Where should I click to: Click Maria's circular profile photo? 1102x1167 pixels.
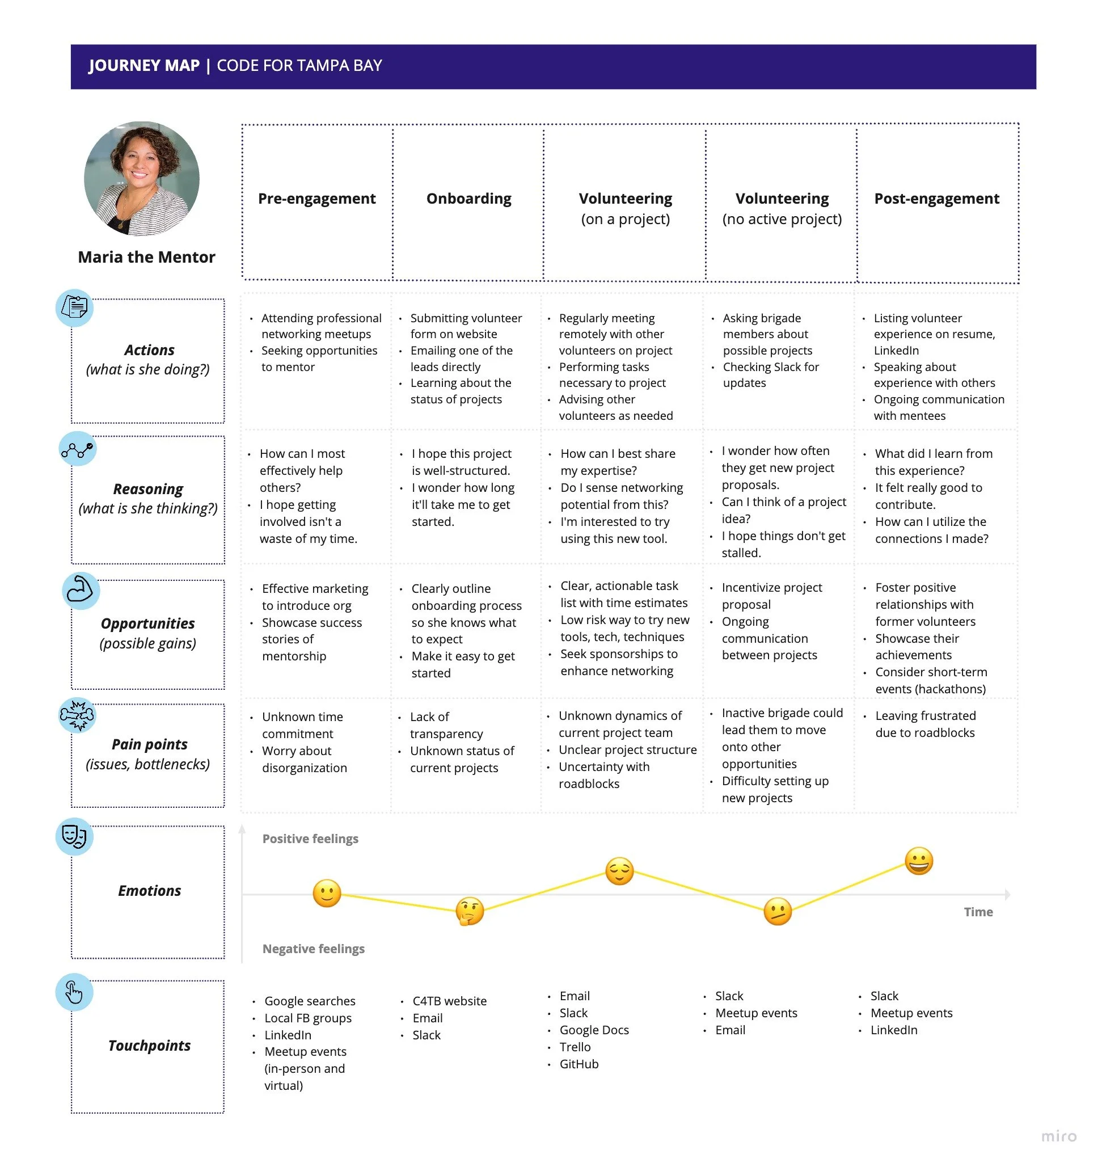click(x=142, y=179)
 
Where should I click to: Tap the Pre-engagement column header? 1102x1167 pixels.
click(x=316, y=199)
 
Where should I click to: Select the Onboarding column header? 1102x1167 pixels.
click(x=468, y=199)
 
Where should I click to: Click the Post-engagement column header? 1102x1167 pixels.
click(x=936, y=199)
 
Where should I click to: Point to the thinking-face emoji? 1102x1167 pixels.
click(x=470, y=911)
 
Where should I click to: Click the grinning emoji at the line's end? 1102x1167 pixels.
click(x=919, y=861)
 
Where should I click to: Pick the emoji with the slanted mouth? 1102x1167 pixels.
click(x=777, y=911)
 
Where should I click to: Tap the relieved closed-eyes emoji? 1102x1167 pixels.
click(x=619, y=871)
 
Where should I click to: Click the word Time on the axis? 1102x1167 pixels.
click(x=978, y=912)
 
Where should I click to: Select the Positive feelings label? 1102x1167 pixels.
click(x=310, y=839)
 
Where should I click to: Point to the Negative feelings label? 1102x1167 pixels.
click(x=313, y=949)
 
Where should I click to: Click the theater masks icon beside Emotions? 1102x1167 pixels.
click(x=75, y=836)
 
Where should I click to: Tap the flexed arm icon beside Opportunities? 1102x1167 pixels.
click(x=81, y=590)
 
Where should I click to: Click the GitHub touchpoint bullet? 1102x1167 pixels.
click(x=579, y=1064)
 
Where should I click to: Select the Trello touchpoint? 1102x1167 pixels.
click(x=575, y=1047)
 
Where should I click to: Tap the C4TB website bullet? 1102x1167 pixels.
click(x=449, y=1001)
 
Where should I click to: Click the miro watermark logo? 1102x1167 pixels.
click(x=1058, y=1136)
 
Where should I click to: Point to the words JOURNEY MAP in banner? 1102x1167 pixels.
click(x=144, y=65)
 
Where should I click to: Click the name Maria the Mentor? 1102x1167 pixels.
click(x=147, y=257)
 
